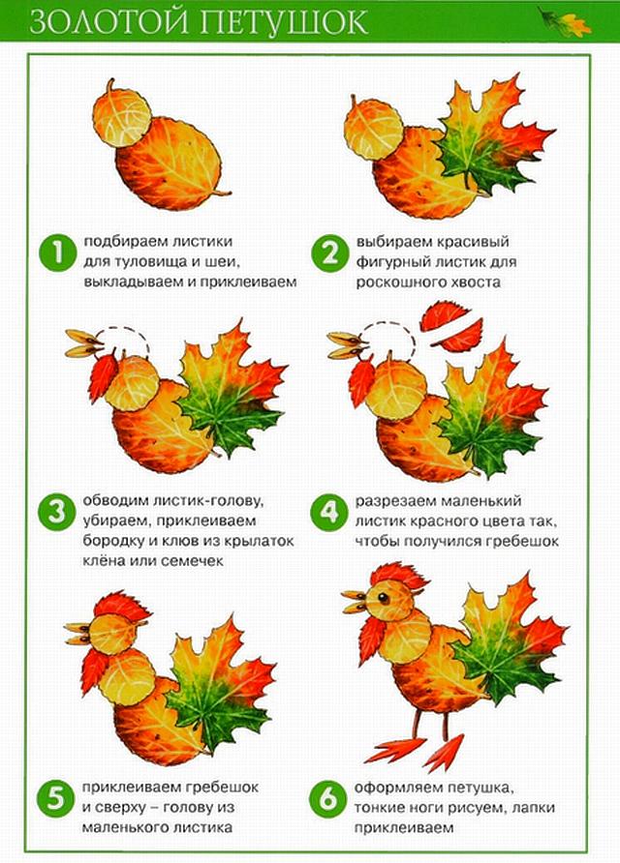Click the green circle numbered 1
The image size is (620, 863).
coord(58,253)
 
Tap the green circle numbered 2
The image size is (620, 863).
coord(330,253)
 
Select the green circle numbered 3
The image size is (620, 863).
coord(57,513)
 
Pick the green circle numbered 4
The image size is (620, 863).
coord(329,513)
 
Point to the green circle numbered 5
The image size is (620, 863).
coord(55,798)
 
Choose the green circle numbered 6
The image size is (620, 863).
coord(327,798)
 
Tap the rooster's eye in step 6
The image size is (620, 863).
coord(383,598)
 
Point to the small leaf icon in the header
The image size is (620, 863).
coord(565,22)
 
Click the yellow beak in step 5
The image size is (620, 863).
coord(78,633)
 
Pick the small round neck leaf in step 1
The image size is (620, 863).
coord(121,114)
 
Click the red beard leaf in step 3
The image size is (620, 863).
coord(103,375)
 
